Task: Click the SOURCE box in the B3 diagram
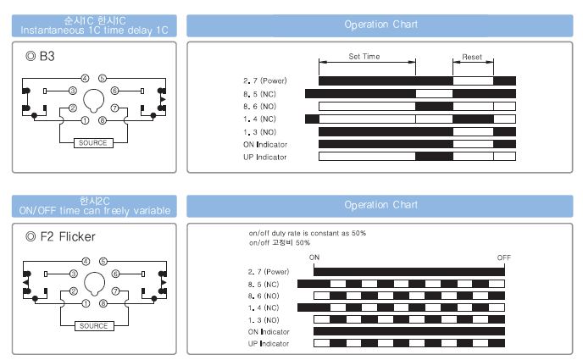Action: pos(93,143)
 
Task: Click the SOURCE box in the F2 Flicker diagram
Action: pos(94,326)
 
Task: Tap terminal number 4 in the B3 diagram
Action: pos(85,78)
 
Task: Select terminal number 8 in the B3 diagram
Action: pos(103,120)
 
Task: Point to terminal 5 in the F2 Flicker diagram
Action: pos(103,262)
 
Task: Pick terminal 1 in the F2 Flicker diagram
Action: pos(86,303)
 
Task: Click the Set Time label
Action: pos(364,57)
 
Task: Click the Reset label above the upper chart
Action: pos(472,57)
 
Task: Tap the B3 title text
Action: pos(47,56)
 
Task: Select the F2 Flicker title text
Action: pos(68,236)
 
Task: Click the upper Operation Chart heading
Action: pos(380,25)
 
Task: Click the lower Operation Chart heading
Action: pos(380,205)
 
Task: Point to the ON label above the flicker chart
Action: pos(314,258)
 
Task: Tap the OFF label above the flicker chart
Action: pos(504,258)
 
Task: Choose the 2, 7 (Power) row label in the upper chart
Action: pos(265,80)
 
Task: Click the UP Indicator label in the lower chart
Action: pos(269,344)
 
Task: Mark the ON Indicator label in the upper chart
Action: pos(265,145)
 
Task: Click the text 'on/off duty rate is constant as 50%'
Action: pos(308,233)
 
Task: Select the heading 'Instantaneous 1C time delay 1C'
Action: pos(94,30)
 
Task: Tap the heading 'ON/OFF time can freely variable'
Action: pos(95,211)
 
